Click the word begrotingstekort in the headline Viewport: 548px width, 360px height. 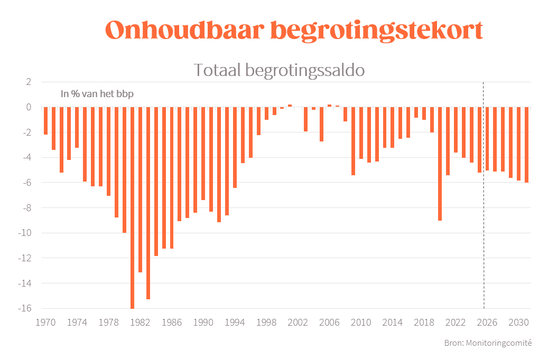tap(376, 31)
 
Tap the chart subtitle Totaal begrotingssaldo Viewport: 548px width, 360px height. tap(279, 70)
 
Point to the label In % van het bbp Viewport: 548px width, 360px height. tap(97, 94)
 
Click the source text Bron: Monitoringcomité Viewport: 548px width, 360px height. tap(488, 343)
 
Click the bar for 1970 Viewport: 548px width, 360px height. tap(46, 121)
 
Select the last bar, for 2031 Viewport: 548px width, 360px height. tap(526, 145)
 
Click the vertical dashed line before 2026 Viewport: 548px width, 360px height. tap(484, 211)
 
